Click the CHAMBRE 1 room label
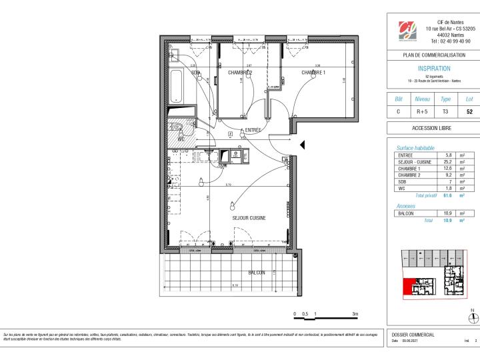point(313,72)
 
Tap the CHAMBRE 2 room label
point(239,72)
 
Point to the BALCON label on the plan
point(257,273)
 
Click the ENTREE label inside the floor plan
point(253,130)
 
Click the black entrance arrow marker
point(302,145)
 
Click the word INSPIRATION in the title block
point(433,68)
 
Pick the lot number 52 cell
point(469,112)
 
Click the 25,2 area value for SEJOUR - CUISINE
point(449,162)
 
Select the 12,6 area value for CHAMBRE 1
point(449,169)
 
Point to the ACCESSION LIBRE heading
point(433,127)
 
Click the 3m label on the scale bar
point(355,313)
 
